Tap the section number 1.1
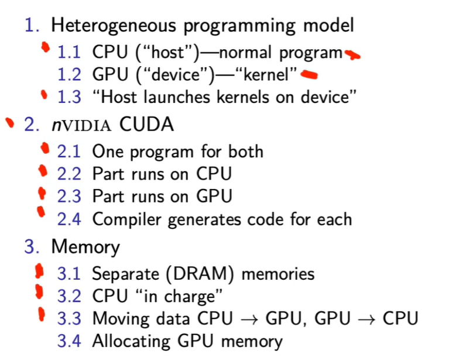[68, 52]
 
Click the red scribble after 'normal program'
[352, 55]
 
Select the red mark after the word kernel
[310, 74]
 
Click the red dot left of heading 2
[9, 123]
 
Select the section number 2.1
[68, 152]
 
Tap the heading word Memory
[85, 246]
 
